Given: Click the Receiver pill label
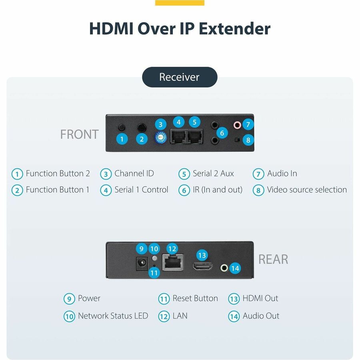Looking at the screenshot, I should (180, 77).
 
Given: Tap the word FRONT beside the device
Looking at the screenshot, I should (79, 134).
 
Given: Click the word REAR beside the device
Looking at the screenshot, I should (273, 259).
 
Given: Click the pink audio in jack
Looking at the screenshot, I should (238, 125).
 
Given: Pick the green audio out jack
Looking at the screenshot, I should (224, 268).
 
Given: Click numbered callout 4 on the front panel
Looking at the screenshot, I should (178, 122).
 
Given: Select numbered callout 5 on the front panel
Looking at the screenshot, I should (194, 122).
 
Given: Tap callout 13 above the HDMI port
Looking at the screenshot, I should (202, 255).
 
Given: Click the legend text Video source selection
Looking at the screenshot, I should (307, 190).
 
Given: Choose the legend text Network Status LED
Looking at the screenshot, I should (113, 316).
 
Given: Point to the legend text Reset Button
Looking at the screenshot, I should (195, 298).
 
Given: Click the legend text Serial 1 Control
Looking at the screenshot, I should (141, 190).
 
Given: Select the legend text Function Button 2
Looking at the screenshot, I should (58, 174).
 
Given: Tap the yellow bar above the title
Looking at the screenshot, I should (180, 3).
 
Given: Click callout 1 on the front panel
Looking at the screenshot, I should (122, 139).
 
